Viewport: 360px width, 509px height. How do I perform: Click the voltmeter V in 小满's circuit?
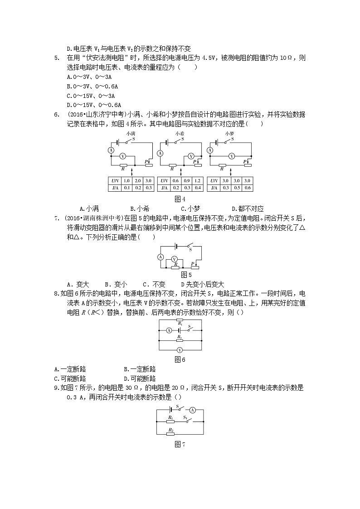tap(122, 155)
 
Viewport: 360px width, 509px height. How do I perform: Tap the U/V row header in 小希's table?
tap(164, 180)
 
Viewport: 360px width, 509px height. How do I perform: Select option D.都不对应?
tap(247, 208)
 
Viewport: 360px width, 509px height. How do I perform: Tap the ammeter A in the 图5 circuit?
tap(160, 257)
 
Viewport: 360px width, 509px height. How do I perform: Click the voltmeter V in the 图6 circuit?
tap(179, 350)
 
